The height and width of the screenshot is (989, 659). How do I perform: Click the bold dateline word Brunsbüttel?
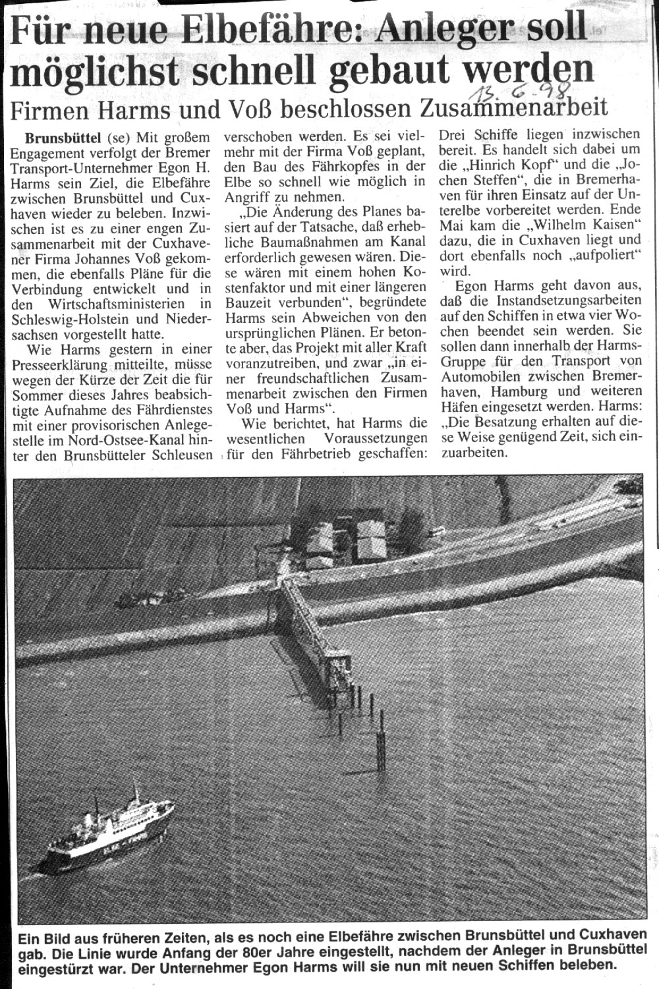[63, 138]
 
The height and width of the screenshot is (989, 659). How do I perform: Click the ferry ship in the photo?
[105, 834]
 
